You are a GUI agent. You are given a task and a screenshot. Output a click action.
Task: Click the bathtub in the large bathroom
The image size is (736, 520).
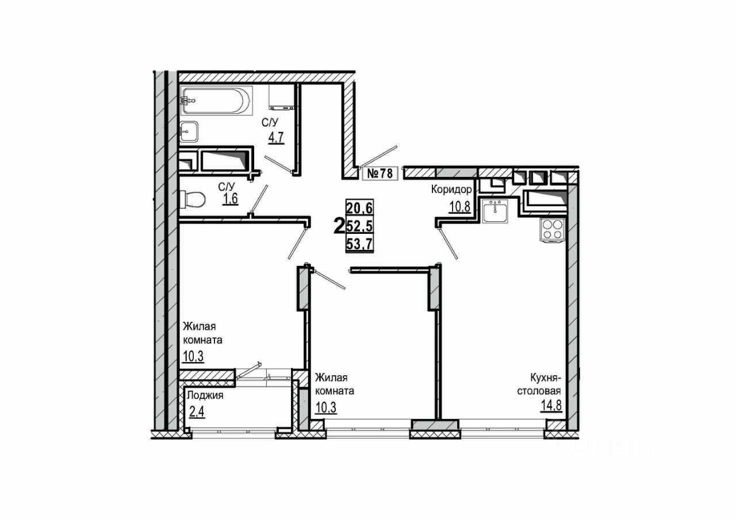[x=216, y=101]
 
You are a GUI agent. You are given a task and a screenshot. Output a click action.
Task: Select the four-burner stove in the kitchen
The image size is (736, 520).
[x=552, y=230]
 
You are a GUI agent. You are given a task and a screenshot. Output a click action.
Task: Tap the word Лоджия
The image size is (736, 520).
[x=204, y=395]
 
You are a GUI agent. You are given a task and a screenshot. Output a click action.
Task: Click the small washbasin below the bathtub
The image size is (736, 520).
[x=189, y=131]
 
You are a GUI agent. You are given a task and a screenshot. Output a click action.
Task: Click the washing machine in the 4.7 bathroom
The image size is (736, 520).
[x=282, y=97]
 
